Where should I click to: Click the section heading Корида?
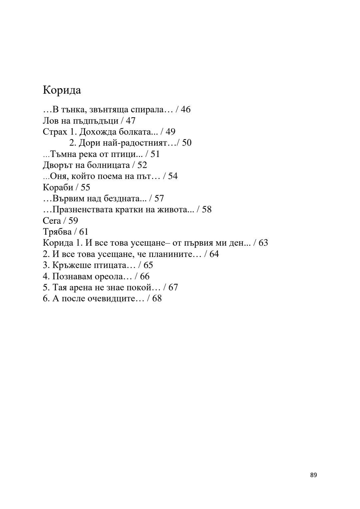[62, 90]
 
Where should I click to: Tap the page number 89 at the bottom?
[313, 475]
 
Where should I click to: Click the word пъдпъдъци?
[95, 121]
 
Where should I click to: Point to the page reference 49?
[170, 132]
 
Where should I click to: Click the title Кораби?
[58, 187]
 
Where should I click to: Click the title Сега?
[52, 221]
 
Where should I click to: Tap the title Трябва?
[57, 232]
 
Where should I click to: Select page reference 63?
[263, 243]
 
